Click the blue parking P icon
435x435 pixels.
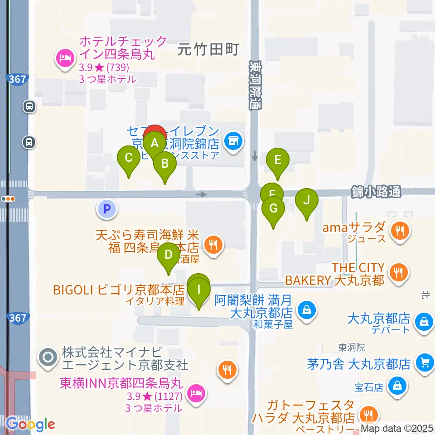click(107, 209)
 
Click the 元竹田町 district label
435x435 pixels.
click(208, 49)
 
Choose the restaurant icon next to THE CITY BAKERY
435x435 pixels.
click(398, 273)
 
